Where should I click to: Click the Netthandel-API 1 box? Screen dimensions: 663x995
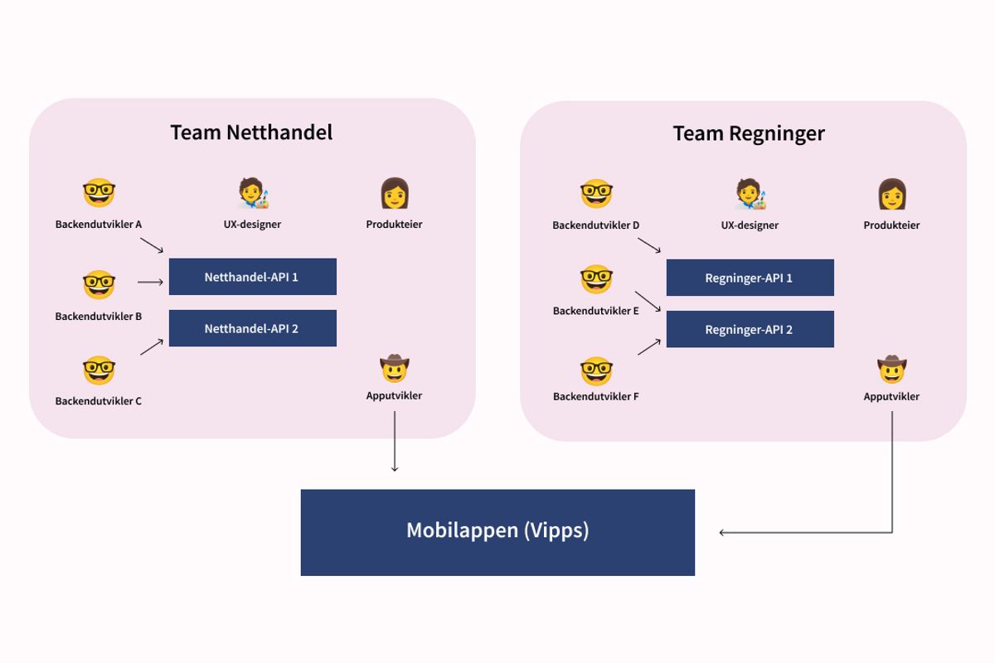click(252, 277)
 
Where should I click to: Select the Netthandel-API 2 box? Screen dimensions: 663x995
click(252, 328)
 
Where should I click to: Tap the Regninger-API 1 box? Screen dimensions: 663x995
click(750, 278)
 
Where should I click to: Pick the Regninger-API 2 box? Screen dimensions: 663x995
click(750, 329)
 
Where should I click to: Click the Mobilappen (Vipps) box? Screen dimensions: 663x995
click(498, 532)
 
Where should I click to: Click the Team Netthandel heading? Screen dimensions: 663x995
click(251, 133)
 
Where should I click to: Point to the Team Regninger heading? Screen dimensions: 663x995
click(749, 133)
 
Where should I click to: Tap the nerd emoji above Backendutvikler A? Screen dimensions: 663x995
click(99, 194)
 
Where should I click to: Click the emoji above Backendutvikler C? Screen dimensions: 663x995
click(99, 370)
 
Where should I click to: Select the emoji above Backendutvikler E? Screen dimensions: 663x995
click(596, 280)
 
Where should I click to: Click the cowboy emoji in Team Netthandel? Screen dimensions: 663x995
click(395, 367)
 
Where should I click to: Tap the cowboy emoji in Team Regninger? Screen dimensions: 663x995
click(892, 368)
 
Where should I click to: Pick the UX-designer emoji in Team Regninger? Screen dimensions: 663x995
click(750, 195)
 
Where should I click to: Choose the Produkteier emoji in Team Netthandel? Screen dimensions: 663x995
click(395, 194)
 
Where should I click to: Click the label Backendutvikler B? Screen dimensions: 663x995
click(99, 317)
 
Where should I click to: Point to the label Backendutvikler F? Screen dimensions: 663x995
click(596, 396)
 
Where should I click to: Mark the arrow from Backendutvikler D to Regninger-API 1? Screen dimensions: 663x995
click(649, 245)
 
